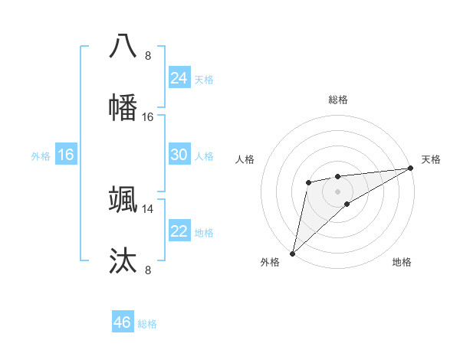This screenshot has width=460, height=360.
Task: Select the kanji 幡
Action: pyautogui.click(x=123, y=106)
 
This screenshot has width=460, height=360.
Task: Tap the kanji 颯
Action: pyautogui.click(x=123, y=199)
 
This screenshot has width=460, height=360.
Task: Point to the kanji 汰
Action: pyautogui.click(x=123, y=260)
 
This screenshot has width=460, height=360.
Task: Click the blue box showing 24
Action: pyautogui.click(x=179, y=77)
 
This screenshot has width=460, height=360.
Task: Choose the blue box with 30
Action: pyautogui.click(x=179, y=154)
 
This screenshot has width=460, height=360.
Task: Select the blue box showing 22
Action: pyautogui.click(x=179, y=231)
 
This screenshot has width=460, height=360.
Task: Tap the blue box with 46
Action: pyautogui.click(x=123, y=322)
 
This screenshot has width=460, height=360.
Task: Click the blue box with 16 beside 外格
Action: pyautogui.click(x=65, y=154)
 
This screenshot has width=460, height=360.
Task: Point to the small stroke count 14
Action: pyautogui.click(x=148, y=208)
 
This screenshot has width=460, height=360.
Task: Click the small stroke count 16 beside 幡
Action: pyautogui.click(x=148, y=116)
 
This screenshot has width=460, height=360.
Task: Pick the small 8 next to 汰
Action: pyautogui.click(x=148, y=270)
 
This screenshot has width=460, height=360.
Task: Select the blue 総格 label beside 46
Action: pyautogui.click(x=147, y=324)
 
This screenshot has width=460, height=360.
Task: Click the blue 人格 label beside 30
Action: pyautogui.click(x=204, y=156)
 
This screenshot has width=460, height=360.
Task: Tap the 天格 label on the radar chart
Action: pyautogui.click(x=431, y=159)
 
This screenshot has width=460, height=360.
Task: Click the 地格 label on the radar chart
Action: pyautogui.click(x=402, y=262)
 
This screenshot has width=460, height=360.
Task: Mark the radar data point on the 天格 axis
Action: pyautogui.click(x=410, y=168)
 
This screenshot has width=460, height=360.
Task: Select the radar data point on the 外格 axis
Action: pyautogui.click(x=292, y=253)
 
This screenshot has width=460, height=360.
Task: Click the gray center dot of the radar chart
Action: pyautogui.click(x=337, y=191)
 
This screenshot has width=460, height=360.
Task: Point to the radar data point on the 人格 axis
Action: pyautogui.click(x=308, y=182)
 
